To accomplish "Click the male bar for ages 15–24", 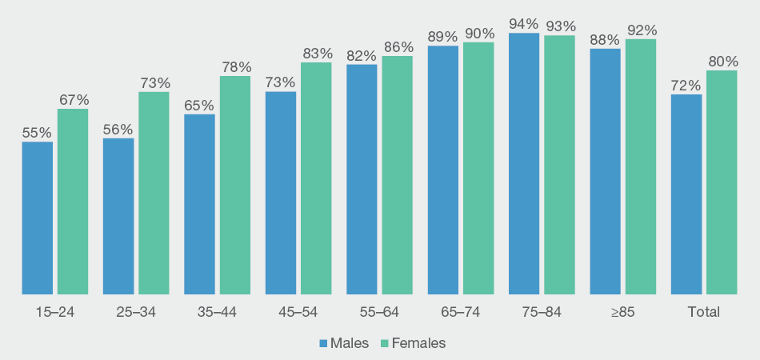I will (x=37, y=218).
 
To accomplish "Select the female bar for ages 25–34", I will (x=154, y=193).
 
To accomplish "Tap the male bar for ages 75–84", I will (x=523, y=163).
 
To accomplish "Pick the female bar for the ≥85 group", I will (x=640, y=166).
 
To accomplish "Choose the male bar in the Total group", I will (x=686, y=194).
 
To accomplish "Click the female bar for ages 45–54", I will (x=315, y=178).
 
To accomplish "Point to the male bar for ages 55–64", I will (x=362, y=179).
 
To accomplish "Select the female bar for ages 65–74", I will (x=478, y=168).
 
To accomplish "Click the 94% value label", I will (x=523, y=23).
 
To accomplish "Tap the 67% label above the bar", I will (x=73, y=99).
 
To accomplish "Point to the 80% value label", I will (x=722, y=61).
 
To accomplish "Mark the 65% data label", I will (x=199, y=105).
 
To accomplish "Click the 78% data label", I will (x=235, y=66).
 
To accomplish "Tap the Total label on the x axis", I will (x=703, y=312).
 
